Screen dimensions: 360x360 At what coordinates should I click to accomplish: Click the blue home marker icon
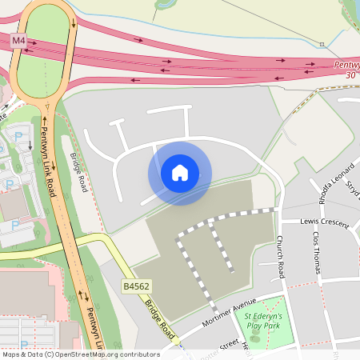point(180,173)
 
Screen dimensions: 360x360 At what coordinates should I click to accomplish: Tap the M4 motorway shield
point(18,39)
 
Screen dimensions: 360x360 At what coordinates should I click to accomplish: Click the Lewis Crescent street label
point(326,222)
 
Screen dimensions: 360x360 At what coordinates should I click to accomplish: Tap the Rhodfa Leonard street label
point(323,190)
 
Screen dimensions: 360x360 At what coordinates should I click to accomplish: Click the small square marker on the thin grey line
point(321,44)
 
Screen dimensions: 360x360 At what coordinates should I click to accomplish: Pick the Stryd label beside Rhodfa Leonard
point(352,186)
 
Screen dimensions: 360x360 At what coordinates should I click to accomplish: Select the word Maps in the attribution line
point(12,354)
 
